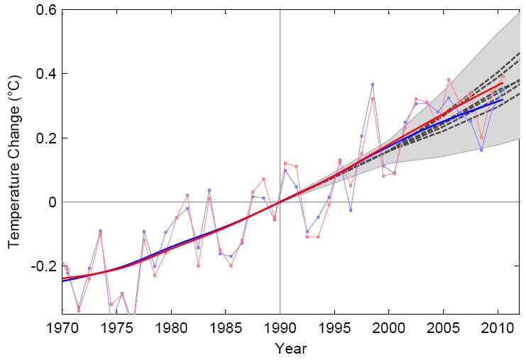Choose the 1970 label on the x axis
(x=62, y=328)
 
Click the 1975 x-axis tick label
(x=116, y=328)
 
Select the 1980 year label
(x=171, y=328)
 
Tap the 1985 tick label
(x=225, y=328)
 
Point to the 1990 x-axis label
(x=280, y=328)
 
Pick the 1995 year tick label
(x=334, y=328)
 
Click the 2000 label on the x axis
(x=388, y=328)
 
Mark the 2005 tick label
(x=443, y=328)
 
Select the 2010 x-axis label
(x=498, y=328)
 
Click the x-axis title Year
(x=290, y=349)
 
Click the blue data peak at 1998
(x=372, y=84)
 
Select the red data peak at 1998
(x=373, y=99)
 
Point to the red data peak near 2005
(x=449, y=80)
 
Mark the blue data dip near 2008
(x=481, y=150)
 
